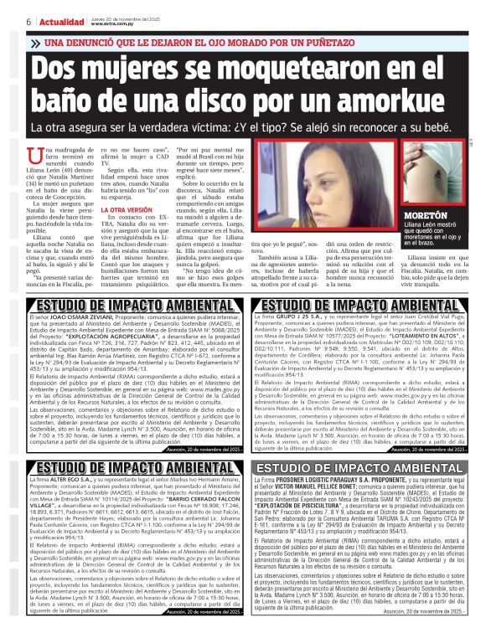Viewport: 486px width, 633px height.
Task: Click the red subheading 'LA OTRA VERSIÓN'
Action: [127, 209]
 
